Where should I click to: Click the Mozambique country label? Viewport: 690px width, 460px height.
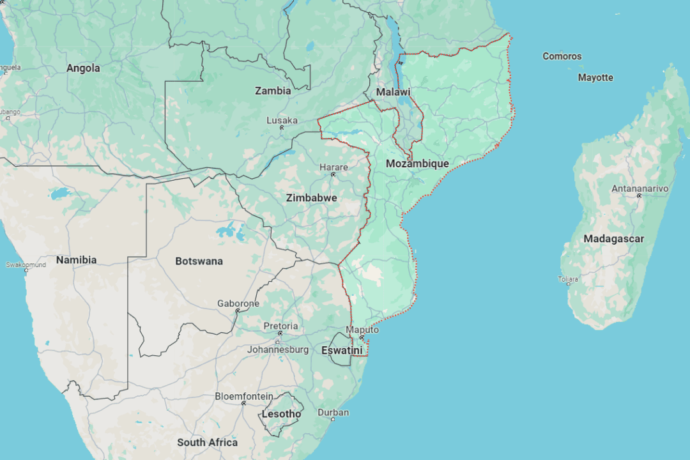click(x=417, y=164)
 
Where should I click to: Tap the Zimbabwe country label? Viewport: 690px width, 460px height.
click(x=311, y=198)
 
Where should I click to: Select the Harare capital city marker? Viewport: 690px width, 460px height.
click(x=333, y=174)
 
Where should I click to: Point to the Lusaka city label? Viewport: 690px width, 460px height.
click(x=282, y=120)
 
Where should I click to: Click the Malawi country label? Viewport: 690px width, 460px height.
click(x=393, y=92)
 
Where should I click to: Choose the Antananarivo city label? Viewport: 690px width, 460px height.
click(x=640, y=188)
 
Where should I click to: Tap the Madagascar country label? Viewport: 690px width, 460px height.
click(x=613, y=239)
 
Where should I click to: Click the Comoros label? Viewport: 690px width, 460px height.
click(x=562, y=56)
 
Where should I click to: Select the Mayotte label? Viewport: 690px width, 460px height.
click(x=595, y=78)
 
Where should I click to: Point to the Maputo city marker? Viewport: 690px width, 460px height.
click(x=361, y=337)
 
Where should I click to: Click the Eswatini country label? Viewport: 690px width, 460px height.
click(x=341, y=350)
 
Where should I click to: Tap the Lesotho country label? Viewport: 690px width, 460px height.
click(x=281, y=414)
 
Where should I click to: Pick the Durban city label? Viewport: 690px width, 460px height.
click(x=333, y=412)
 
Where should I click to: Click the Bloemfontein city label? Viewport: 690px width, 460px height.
click(x=243, y=396)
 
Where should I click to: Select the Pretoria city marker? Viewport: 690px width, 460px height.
click(x=280, y=333)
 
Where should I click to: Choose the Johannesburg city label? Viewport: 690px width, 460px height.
click(x=278, y=349)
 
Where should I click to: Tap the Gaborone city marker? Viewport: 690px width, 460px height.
click(x=237, y=311)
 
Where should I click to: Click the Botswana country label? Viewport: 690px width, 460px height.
click(x=199, y=261)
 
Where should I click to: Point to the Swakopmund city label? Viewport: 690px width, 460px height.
click(x=26, y=264)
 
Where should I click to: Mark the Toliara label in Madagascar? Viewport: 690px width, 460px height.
click(x=568, y=279)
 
